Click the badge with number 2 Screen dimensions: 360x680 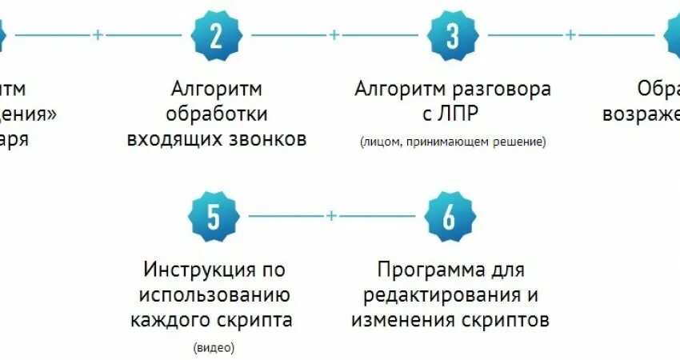(216, 36)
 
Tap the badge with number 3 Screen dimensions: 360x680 (453, 36)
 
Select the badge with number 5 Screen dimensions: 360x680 (213, 216)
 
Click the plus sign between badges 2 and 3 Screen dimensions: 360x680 (334, 35)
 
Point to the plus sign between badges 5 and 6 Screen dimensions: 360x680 (331, 216)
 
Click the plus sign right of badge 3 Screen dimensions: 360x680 (570, 35)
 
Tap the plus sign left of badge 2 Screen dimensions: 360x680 (98, 35)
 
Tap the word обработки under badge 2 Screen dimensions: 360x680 (217, 114)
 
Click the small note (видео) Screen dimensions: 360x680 (214, 348)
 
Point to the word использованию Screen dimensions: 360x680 (214, 295)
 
